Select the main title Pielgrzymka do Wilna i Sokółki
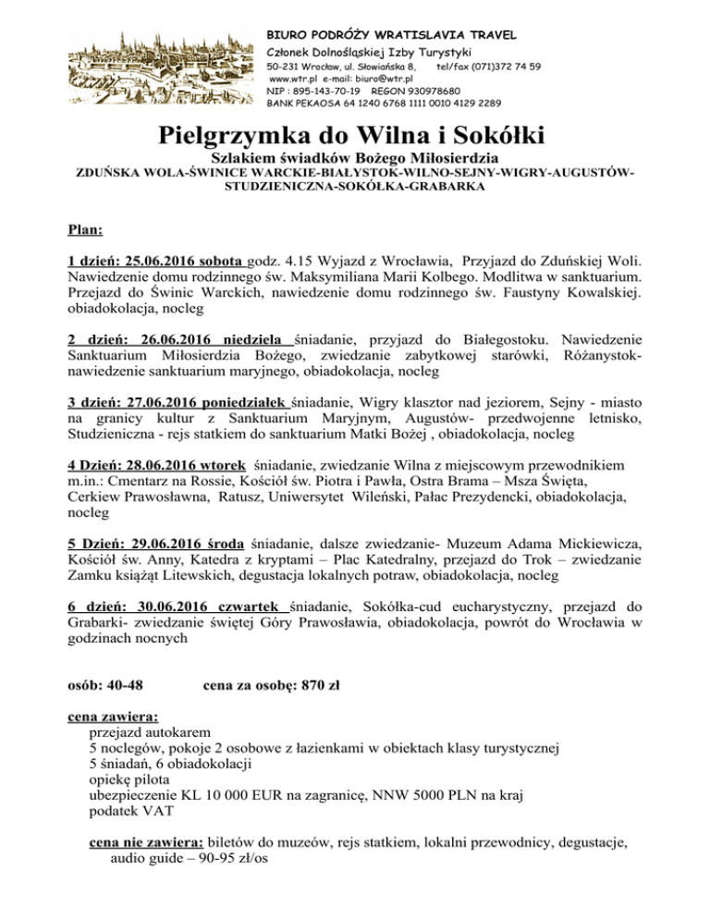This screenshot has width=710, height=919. pyautogui.click(x=353, y=135)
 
